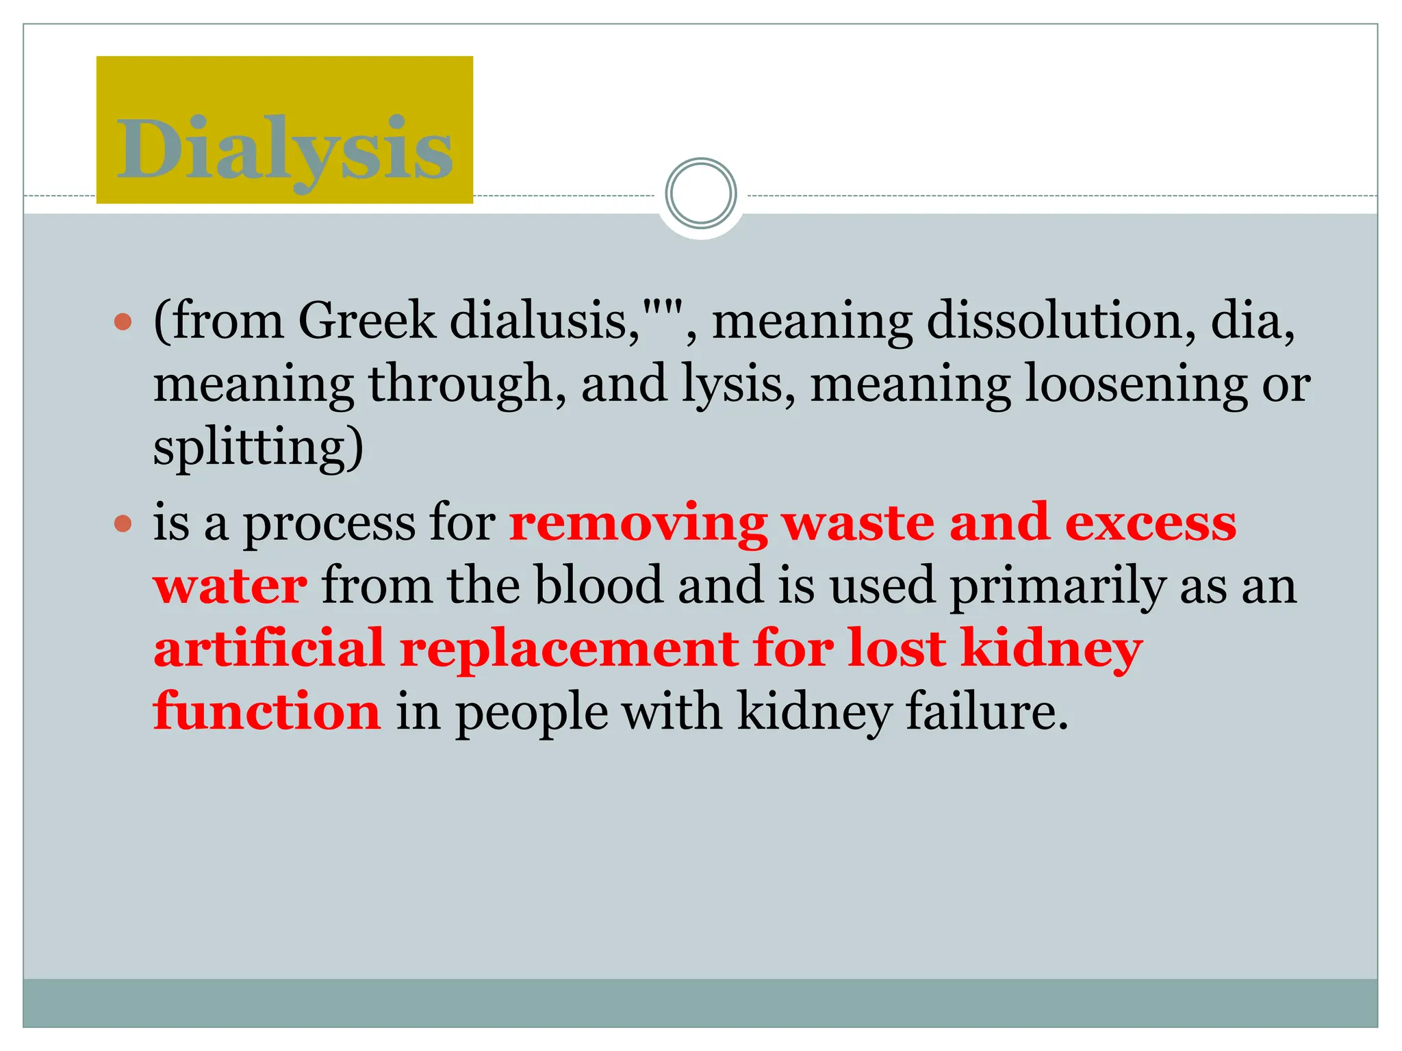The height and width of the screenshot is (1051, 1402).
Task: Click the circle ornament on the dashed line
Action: tap(700, 194)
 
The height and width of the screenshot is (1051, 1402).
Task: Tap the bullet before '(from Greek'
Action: tap(123, 322)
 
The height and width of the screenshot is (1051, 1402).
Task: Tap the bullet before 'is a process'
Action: tap(123, 524)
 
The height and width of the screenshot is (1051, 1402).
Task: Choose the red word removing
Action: tap(638, 524)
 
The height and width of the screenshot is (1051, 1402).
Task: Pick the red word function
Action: tap(267, 712)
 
